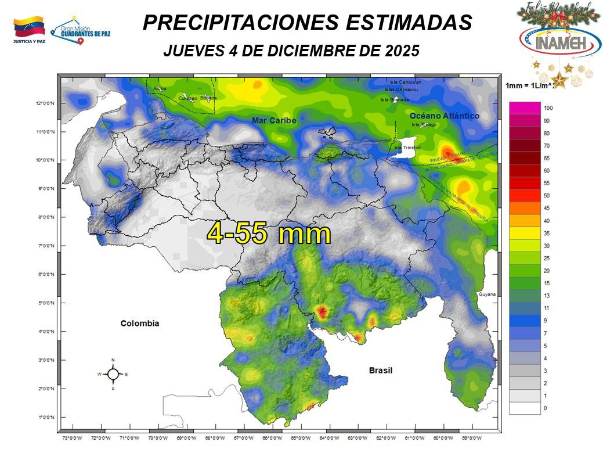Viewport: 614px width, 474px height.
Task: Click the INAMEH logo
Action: pos(560,41)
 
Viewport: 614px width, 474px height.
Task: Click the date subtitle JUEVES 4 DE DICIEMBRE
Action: pos(291,51)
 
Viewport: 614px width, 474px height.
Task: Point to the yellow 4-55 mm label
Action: pos(269,234)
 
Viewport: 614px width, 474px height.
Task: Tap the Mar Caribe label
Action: pos(274,120)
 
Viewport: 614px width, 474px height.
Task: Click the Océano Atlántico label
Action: pos(445,116)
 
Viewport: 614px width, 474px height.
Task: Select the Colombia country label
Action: pos(139,323)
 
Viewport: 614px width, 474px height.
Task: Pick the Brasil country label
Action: pos(381,370)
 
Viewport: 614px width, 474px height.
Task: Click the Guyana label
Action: pos(487,295)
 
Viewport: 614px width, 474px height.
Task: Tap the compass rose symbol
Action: pos(113,374)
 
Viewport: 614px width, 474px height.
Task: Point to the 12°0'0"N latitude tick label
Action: pos(44,103)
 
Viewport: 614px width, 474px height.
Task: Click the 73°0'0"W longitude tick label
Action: pos(71,438)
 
